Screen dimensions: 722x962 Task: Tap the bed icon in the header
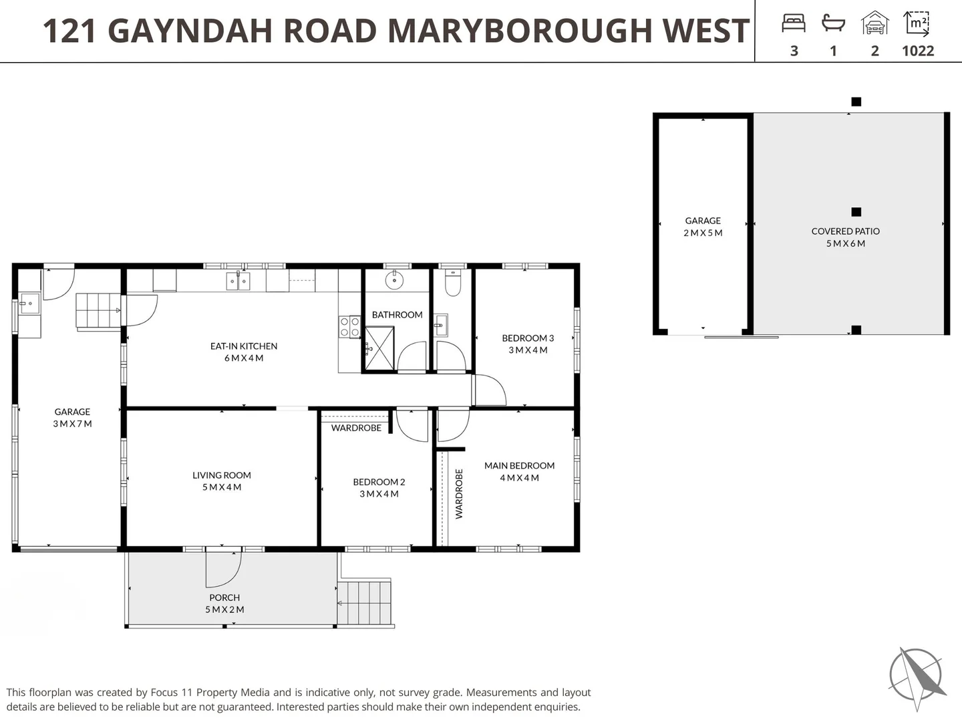tap(794, 23)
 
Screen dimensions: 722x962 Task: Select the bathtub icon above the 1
tap(833, 23)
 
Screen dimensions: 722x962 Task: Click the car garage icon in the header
tap(874, 23)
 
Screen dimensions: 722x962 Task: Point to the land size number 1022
tap(918, 51)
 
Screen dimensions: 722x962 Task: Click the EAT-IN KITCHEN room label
tap(244, 346)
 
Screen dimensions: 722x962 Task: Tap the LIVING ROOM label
tap(222, 475)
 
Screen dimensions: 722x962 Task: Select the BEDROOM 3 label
tap(528, 338)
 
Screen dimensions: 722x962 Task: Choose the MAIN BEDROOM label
tap(520, 466)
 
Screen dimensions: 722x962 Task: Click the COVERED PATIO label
tap(846, 231)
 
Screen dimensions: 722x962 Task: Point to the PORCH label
tap(224, 598)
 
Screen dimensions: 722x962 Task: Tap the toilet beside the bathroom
tap(453, 283)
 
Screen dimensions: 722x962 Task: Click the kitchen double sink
tap(238, 281)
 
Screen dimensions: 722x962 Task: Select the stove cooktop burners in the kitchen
tap(349, 327)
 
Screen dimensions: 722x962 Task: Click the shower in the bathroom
tap(379, 348)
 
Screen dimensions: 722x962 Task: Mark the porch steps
tap(364, 603)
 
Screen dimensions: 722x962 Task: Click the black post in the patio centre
tap(856, 212)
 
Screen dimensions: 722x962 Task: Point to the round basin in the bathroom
tap(394, 280)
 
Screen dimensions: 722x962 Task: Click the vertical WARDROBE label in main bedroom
tap(459, 494)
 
